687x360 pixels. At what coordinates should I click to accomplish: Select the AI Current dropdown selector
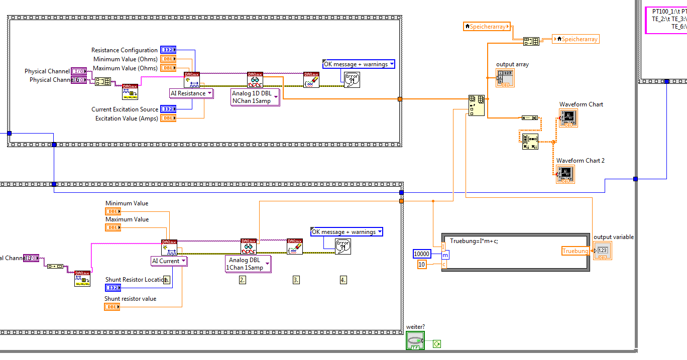pyautogui.click(x=169, y=261)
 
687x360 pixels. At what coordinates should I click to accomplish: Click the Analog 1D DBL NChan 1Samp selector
pyautogui.click(x=255, y=97)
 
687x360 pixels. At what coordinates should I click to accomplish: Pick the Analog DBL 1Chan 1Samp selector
pyautogui.click(x=248, y=264)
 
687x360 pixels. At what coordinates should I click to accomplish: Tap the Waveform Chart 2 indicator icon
pyautogui.click(x=565, y=174)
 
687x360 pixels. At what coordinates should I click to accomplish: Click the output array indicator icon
pyautogui.click(x=505, y=78)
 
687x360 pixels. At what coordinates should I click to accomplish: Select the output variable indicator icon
pyautogui.click(x=602, y=251)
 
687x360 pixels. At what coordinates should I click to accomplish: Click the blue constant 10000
pyautogui.click(x=421, y=254)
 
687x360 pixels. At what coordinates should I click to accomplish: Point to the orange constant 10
pyautogui.click(x=422, y=265)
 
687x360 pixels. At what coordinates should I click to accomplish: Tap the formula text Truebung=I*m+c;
pyautogui.click(x=474, y=241)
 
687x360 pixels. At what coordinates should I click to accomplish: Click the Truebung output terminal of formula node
pyautogui.click(x=575, y=251)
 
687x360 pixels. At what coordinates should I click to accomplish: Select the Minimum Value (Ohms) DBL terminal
pyautogui.click(x=168, y=59)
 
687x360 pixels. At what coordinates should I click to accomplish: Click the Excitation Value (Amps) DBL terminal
pyautogui.click(x=168, y=118)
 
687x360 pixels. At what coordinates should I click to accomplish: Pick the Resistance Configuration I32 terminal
pyautogui.click(x=168, y=50)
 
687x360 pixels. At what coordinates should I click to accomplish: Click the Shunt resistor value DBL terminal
pyautogui.click(x=112, y=307)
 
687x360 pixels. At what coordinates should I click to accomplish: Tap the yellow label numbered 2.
pyautogui.click(x=242, y=280)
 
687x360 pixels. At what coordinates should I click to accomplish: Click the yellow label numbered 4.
pyautogui.click(x=343, y=280)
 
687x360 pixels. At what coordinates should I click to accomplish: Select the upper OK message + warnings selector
pyautogui.click(x=359, y=64)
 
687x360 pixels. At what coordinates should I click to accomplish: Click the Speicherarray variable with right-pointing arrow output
pyautogui.click(x=487, y=27)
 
